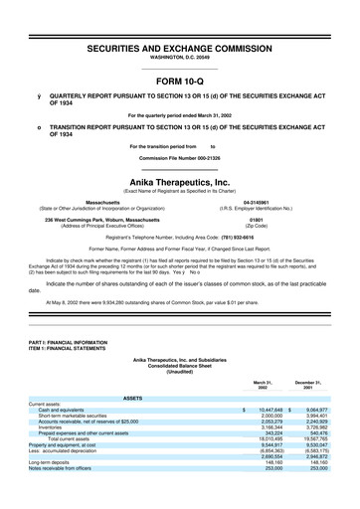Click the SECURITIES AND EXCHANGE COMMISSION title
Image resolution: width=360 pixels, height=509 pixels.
[x=179, y=49]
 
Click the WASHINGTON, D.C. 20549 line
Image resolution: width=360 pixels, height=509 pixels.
[x=179, y=60]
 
